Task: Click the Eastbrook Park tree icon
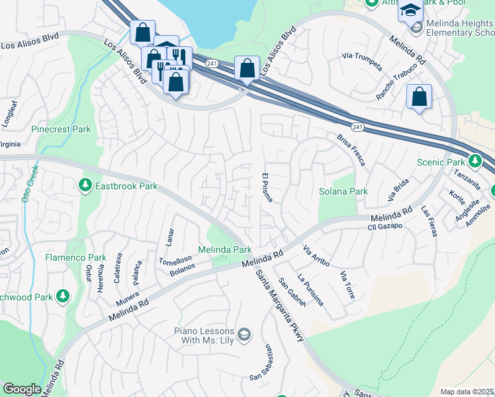tap(85, 186)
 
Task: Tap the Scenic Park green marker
tap(474, 161)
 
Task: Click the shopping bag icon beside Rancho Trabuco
tap(420, 97)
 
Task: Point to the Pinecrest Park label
tap(61, 130)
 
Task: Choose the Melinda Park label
tap(225, 250)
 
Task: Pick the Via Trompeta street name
tap(361, 61)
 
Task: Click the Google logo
tap(22, 389)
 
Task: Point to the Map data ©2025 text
tap(467, 392)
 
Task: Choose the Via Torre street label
tap(347, 284)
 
